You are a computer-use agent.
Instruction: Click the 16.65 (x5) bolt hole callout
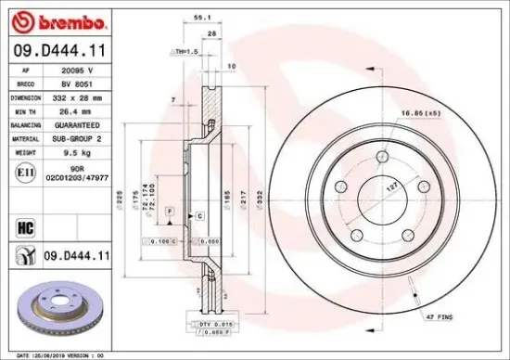click(419, 113)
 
